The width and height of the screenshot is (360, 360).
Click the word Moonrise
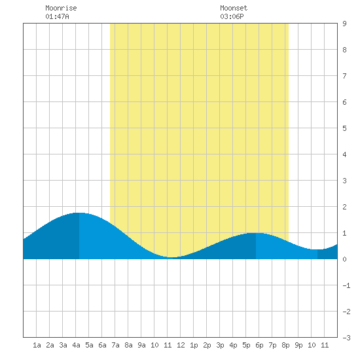pos(61,8)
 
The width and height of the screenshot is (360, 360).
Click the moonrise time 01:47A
pos(57,16)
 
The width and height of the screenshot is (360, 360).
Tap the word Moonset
pos(234,8)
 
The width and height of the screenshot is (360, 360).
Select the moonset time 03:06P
pos(232,16)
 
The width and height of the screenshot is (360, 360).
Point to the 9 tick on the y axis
pos(344,24)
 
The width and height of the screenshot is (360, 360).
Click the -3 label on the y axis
pos(346,338)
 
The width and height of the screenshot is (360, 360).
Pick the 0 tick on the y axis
pos(344,259)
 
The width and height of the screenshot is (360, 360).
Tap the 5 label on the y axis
pos(344,128)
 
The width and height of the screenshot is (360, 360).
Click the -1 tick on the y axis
pos(346,285)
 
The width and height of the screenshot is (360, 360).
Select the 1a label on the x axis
pos(37,345)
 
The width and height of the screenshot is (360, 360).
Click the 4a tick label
pos(76,345)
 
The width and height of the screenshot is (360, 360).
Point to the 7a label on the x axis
pos(115,345)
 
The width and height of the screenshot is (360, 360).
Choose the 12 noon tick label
pos(181,345)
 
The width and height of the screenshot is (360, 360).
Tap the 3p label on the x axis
pos(220,345)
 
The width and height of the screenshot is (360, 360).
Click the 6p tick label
pos(259,345)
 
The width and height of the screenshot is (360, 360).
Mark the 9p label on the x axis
pos(298,345)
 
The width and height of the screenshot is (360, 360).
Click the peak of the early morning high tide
pos(79,213)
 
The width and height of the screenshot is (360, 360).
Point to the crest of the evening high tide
pos(256,233)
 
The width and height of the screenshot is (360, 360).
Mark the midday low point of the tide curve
pos(172,257)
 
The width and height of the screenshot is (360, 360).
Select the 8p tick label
pos(285,345)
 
